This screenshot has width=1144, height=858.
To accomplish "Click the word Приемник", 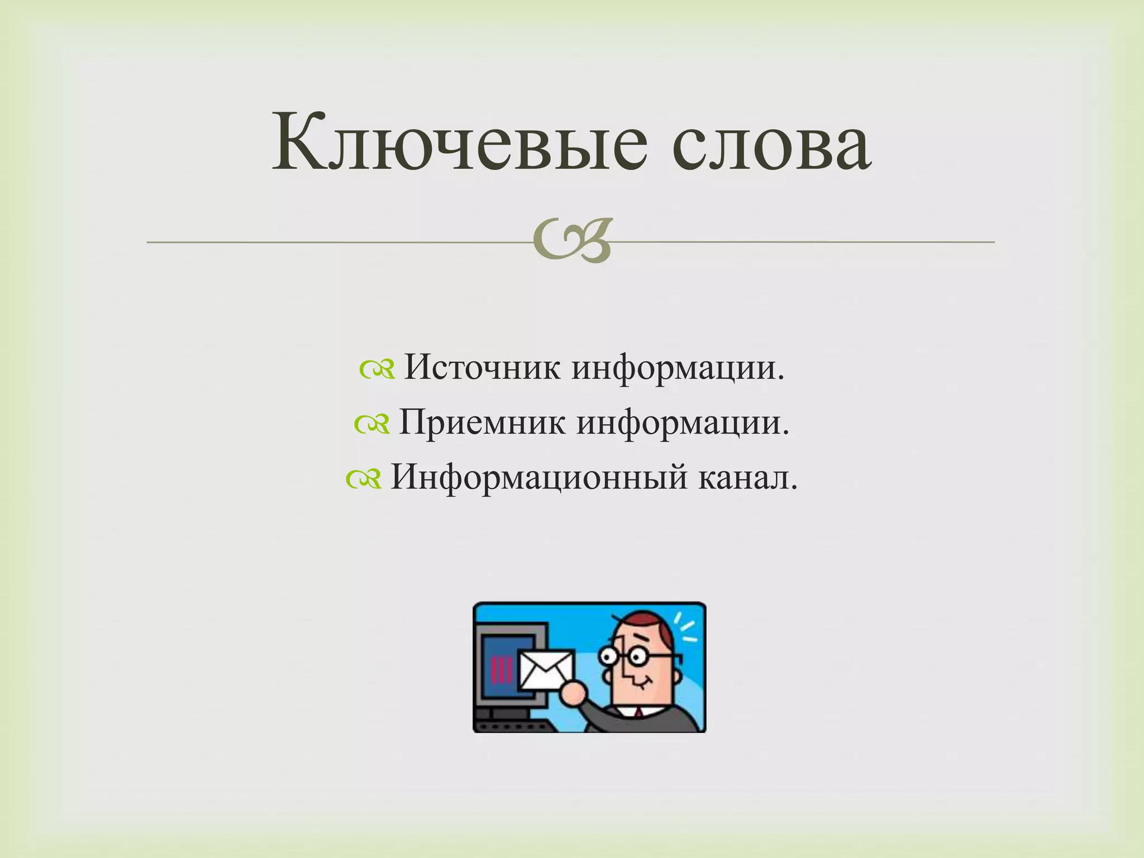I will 482,423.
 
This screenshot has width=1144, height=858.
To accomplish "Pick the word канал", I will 748,478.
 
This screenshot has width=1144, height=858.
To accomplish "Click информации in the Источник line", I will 678,368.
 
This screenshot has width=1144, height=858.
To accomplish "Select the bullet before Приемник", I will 372,425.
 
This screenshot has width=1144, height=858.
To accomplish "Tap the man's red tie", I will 637,713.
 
